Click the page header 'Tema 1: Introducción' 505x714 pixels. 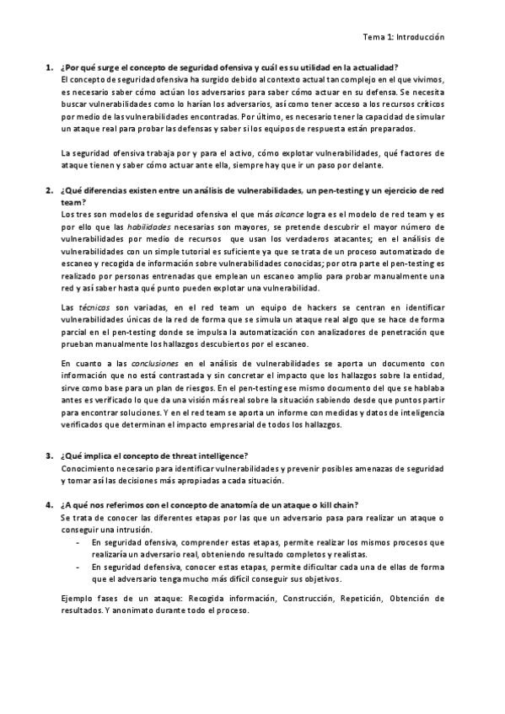[x=403, y=37]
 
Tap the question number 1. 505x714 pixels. [x=47, y=67]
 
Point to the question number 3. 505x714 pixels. [x=47, y=455]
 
